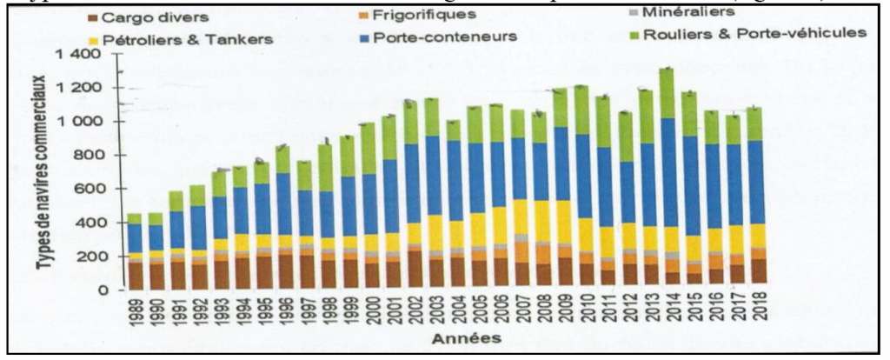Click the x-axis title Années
point(442,341)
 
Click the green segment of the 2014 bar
point(668,93)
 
